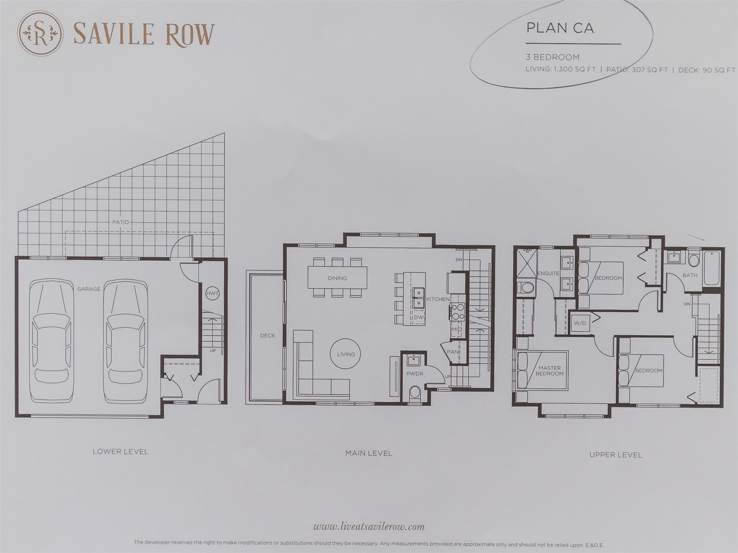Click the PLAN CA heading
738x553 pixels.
(560, 28)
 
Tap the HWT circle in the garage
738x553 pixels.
(212, 293)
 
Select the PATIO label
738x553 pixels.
(121, 222)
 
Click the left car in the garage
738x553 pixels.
(52, 341)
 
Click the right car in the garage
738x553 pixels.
(125, 341)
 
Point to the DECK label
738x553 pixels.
(268, 336)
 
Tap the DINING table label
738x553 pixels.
(337, 278)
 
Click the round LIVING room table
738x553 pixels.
(346, 354)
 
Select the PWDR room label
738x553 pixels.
(415, 374)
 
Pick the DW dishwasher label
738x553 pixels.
(419, 318)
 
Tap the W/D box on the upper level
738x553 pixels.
(580, 323)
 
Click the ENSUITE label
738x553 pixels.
(548, 273)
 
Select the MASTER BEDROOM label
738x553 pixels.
(550, 371)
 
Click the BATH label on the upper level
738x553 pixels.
(690, 275)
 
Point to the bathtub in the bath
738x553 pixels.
(712, 268)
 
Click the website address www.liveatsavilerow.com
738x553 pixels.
(369, 527)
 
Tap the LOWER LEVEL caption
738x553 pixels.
(120, 452)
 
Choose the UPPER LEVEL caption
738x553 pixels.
(616, 455)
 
